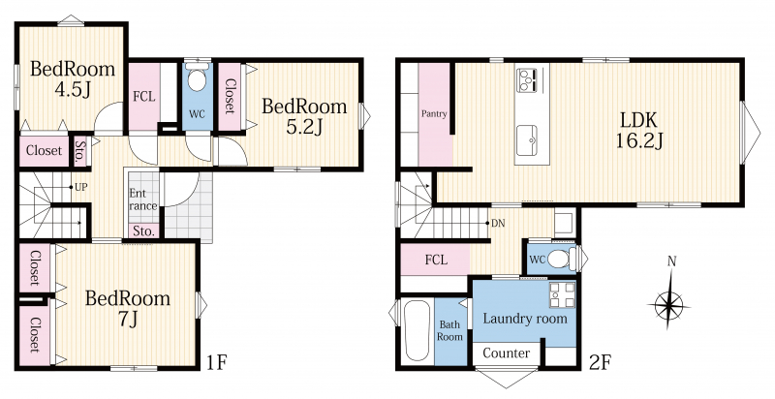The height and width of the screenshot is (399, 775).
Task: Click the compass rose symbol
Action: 668,304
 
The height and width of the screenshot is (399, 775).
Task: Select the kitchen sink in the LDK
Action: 527,139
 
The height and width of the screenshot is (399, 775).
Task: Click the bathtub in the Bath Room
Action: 417,331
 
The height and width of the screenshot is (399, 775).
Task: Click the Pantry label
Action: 434,114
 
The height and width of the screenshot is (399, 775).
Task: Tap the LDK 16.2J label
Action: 638,131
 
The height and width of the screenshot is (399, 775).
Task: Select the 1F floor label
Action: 216,363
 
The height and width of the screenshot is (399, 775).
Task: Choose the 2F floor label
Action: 601,363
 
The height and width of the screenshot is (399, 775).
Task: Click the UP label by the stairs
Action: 81,187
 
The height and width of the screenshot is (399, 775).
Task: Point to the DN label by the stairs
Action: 498,223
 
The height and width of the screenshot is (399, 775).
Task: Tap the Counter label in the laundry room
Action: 506,353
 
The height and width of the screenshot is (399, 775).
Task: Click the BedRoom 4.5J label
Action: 72,78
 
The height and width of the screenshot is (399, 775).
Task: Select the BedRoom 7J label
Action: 128,309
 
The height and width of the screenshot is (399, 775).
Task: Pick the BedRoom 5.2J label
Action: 304,116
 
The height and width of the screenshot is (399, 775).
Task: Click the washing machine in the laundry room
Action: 562,294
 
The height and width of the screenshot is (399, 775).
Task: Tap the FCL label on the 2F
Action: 436,260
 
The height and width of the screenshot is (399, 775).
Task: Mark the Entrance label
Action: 143,199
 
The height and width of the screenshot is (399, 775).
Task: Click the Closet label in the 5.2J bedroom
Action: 230,96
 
